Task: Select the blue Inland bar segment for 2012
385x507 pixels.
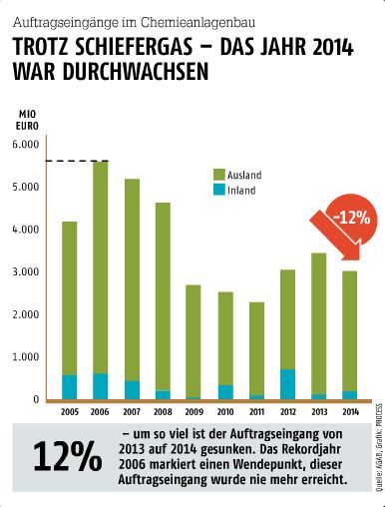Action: pyautogui.click(x=286, y=383)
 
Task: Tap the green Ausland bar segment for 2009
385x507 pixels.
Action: pyautogui.click(x=193, y=339)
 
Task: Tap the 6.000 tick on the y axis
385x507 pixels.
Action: pyautogui.click(x=24, y=145)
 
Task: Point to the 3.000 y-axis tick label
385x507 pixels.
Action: pyautogui.click(x=24, y=272)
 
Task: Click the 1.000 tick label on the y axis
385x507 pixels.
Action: pyautogui.click(x=24, y=357)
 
